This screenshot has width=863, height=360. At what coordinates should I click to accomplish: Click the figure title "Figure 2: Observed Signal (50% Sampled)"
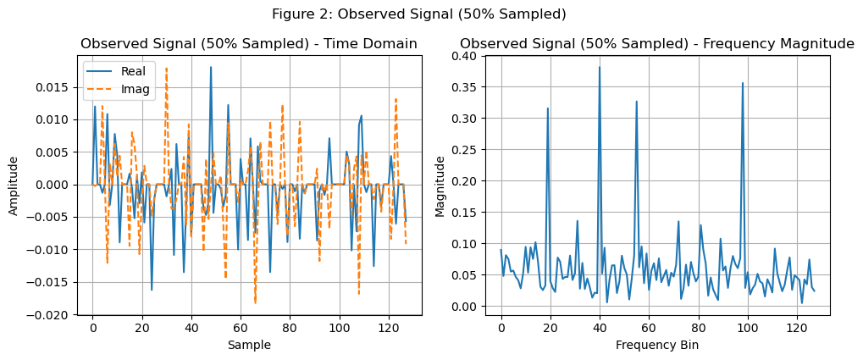tap(418, 14)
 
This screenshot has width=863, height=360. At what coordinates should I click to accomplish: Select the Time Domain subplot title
tap(249, 44)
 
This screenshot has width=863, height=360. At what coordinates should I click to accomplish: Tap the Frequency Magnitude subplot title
tap(657, 44)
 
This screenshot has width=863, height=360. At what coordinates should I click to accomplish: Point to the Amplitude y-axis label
tap(14, 185)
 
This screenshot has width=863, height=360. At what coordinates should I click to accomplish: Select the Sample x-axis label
tap(249, 345)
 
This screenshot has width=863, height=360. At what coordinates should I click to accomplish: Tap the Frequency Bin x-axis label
tap(657, 345)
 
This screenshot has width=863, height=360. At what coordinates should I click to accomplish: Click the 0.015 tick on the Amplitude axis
tap(58, 87)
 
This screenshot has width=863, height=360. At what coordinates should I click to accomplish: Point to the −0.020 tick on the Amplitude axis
tap(54, 315)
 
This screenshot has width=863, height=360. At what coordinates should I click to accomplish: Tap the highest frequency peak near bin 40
tap(600, 68)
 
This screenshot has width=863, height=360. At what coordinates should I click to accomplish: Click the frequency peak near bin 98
tap(743, 83)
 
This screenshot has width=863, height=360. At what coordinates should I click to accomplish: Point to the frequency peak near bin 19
tap(548, 108)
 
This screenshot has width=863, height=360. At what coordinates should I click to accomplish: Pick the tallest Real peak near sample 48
tap(211, 67)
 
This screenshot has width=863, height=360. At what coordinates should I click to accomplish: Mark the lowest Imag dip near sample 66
tap(255, 302)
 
